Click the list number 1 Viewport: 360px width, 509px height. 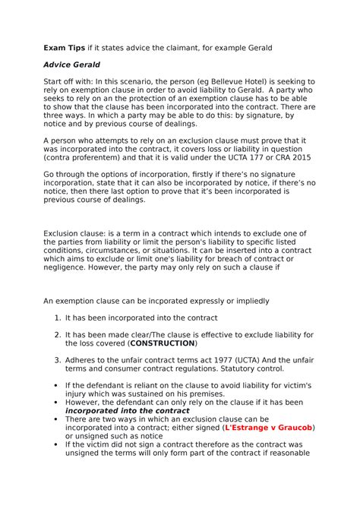point(57,318)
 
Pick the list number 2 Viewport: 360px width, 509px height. point(57,334)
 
